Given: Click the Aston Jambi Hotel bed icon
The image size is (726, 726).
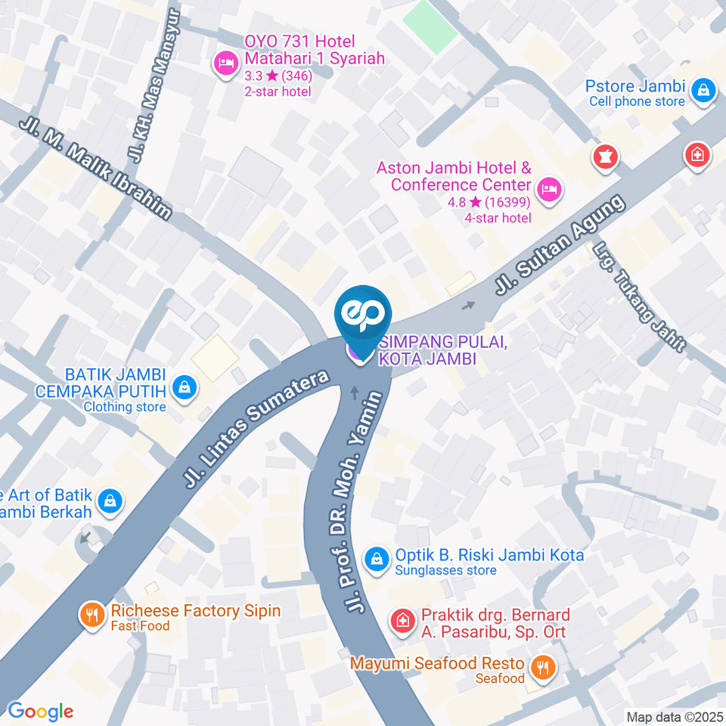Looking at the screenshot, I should pyautogui.click(x=551, y=188).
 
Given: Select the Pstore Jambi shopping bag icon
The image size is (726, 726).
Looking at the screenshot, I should pyautogui.click(x=703, y=91).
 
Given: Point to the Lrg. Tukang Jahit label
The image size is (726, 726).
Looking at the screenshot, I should pyautogui.click(x=639, y=296).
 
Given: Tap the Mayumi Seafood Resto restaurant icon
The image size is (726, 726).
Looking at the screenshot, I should pyautogui.click(x=541, y=667).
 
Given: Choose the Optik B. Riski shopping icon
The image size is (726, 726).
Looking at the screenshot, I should pyautogui.click(x=375, y=560).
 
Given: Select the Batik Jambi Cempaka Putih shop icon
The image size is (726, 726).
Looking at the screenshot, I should pyautogui.click(x=184, y=389).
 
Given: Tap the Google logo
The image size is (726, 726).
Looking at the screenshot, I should pyautogui.click(x=40, y=711).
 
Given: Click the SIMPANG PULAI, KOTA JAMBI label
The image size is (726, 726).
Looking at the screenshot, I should pyautogui.click(x=431, y=351).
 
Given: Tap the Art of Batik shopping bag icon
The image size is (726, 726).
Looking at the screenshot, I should pyautogui.click(x=110, y=501).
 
